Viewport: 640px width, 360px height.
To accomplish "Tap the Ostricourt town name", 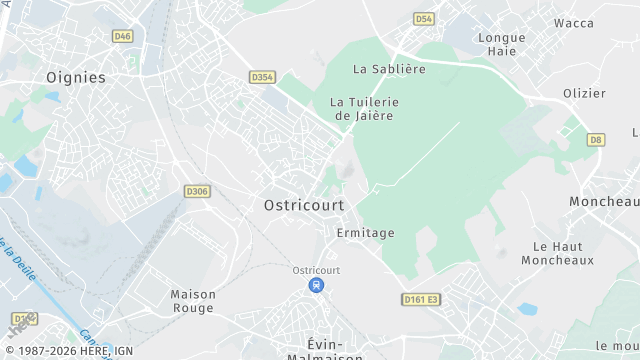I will [x=304, y=204].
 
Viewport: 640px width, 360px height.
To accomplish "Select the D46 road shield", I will [x=123, y=36].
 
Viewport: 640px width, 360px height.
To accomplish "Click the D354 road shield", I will [x=262, y=77].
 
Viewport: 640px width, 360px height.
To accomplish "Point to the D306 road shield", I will [x=197, y=191].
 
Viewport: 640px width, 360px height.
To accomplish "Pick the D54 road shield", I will [x=424, y=19].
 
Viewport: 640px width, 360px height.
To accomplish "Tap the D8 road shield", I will [x=596, y=139].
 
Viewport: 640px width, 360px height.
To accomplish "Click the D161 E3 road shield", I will [x=422, y=299].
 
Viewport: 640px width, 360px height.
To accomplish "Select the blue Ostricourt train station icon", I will [x=316, y=286].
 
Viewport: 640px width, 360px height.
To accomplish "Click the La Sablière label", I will [x=390, y=69].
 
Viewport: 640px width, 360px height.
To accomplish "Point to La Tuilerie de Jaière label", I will [x=364, y=108].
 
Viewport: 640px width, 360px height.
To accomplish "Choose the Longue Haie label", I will [x=502, y=44].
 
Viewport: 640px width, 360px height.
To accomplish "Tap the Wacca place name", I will [x=574, y=23].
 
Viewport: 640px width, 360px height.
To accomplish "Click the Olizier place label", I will [x=584, y=93].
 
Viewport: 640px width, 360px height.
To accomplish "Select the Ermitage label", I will [x=365, y=233].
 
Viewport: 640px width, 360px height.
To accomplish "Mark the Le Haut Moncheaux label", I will [x=551, y=252].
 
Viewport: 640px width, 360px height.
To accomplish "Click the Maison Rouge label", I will [x=193, y=301].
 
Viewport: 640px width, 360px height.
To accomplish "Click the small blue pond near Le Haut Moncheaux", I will [x=527, y=309].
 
